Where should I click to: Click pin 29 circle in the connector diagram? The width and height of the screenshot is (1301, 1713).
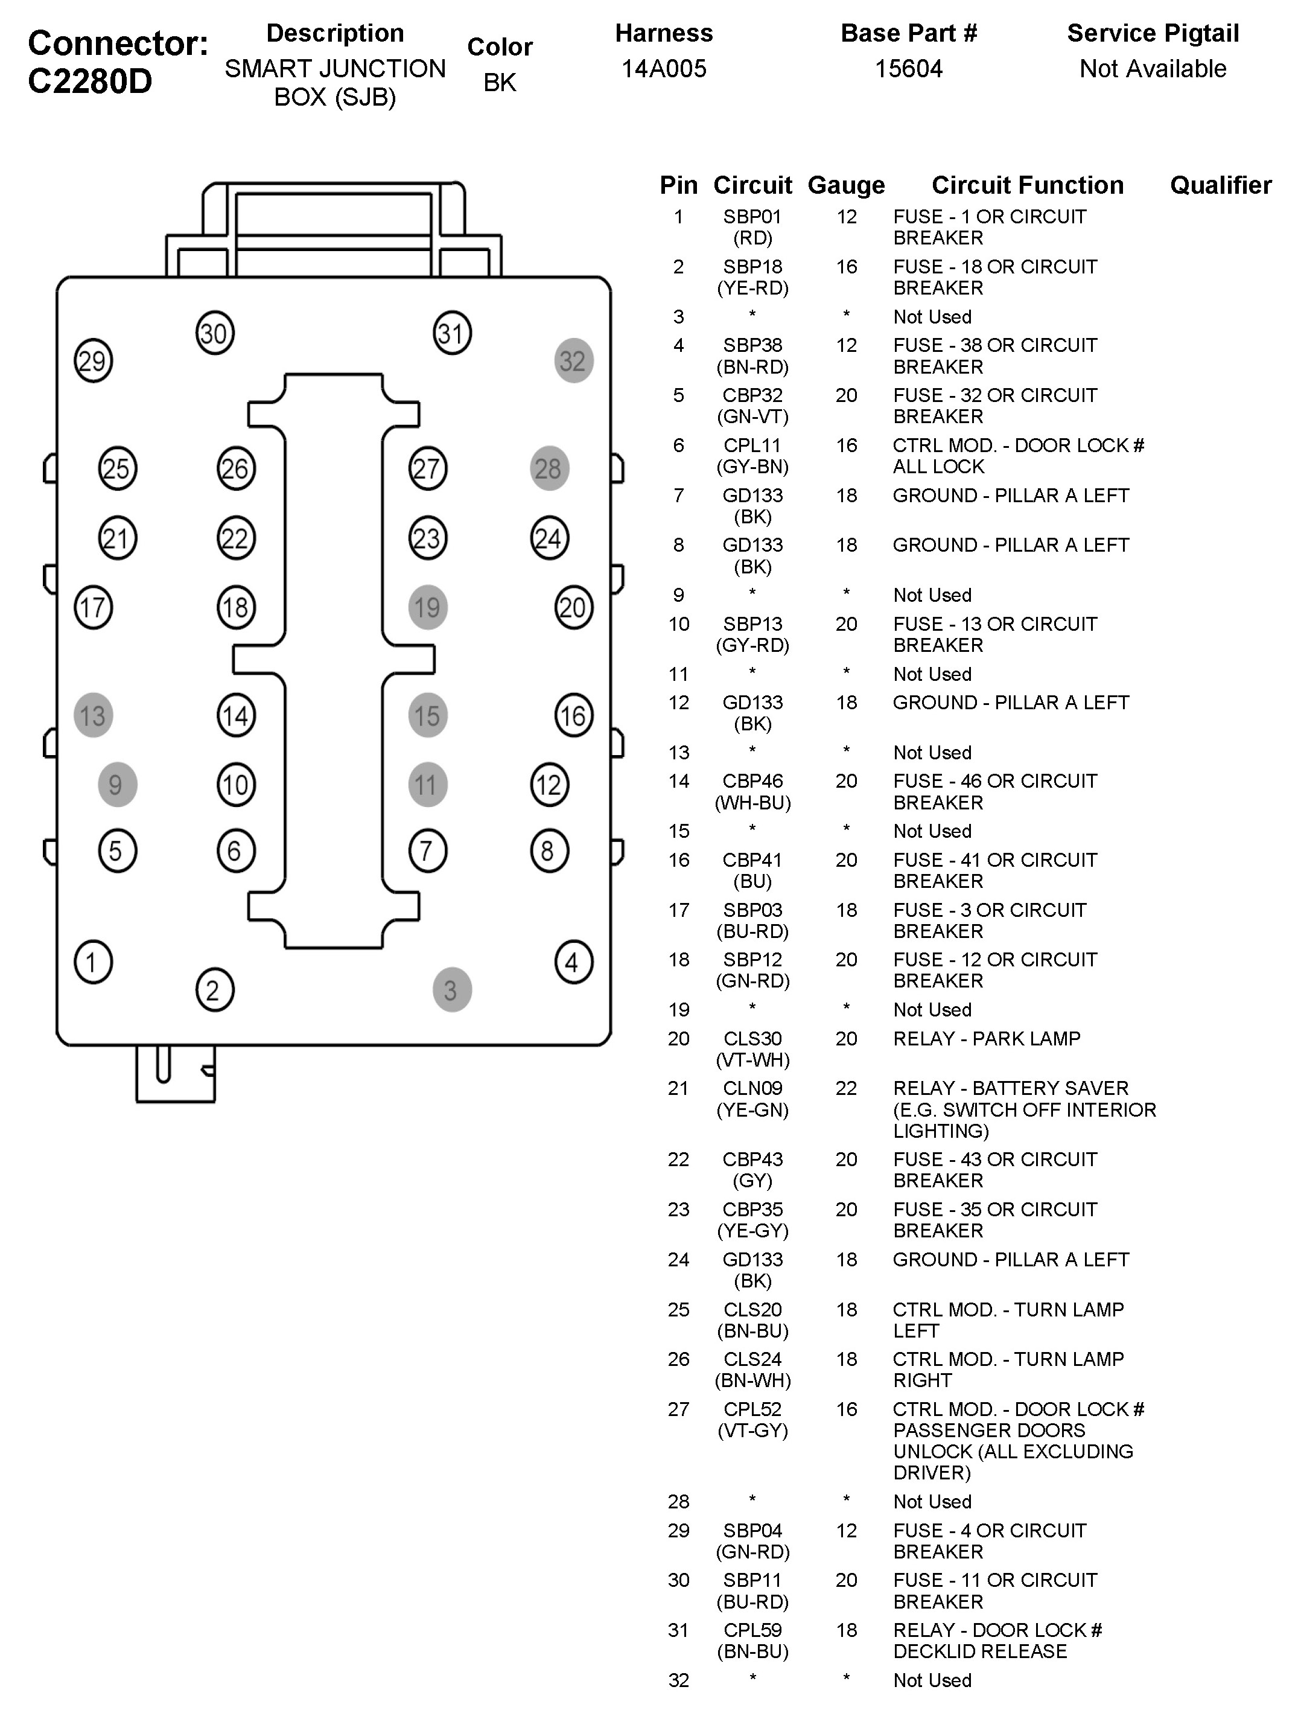[x=93, y=361]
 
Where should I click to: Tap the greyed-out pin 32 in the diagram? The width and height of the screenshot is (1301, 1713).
[x=573, y=361]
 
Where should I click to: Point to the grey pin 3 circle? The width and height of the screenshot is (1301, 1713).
[x=451, y=990]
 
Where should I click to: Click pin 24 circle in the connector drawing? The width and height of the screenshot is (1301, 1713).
[x=549, y=538]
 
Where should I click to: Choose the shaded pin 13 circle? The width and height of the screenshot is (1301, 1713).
[x=93, y=715]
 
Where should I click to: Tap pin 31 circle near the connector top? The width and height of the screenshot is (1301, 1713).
[x=451, y=334]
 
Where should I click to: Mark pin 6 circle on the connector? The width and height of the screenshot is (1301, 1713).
[x=235, y=851]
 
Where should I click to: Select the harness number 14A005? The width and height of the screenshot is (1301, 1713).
[x=664, y=69]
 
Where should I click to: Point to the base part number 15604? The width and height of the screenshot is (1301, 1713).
[x=908, y=69]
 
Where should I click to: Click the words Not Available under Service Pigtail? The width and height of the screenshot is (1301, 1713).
[x=1153, y=69]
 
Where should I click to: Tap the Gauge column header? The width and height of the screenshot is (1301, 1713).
[x=845, y=186]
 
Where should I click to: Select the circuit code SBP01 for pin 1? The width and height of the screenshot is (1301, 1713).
[x=752, y=218]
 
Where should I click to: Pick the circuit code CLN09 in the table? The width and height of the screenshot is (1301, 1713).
[x=752, y=1089]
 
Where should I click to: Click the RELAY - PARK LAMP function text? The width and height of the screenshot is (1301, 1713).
[x=986, y=1039]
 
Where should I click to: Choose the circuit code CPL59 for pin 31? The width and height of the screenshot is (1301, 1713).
[x=752, y=1630]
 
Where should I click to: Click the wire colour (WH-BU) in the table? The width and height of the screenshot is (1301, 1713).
[x=752, y=803]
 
